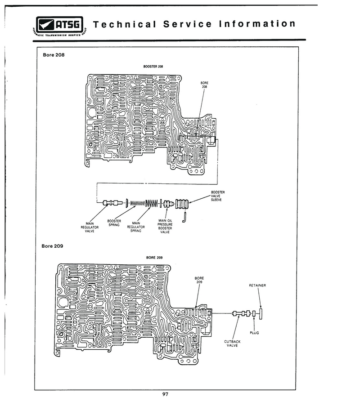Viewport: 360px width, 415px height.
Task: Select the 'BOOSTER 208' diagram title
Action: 153,66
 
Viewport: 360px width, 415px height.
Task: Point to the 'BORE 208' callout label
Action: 205,85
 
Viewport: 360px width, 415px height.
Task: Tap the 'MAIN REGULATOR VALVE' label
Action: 90,227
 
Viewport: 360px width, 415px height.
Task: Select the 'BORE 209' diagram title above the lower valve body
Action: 154,258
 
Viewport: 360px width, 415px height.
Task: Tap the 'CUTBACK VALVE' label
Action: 232,344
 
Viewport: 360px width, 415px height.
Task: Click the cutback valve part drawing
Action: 241,313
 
